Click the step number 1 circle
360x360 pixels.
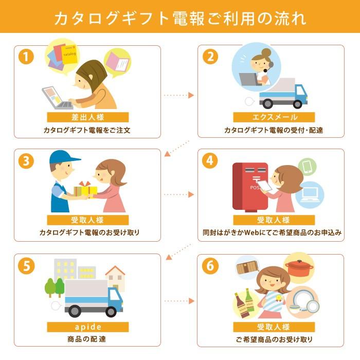click(26, 57)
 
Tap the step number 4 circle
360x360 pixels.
click(209, 161)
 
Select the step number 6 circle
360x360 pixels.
click(209, 265)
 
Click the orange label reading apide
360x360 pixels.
click(88, 327)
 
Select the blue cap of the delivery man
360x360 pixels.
click(64, 157)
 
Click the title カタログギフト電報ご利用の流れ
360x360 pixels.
click(180, 19)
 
